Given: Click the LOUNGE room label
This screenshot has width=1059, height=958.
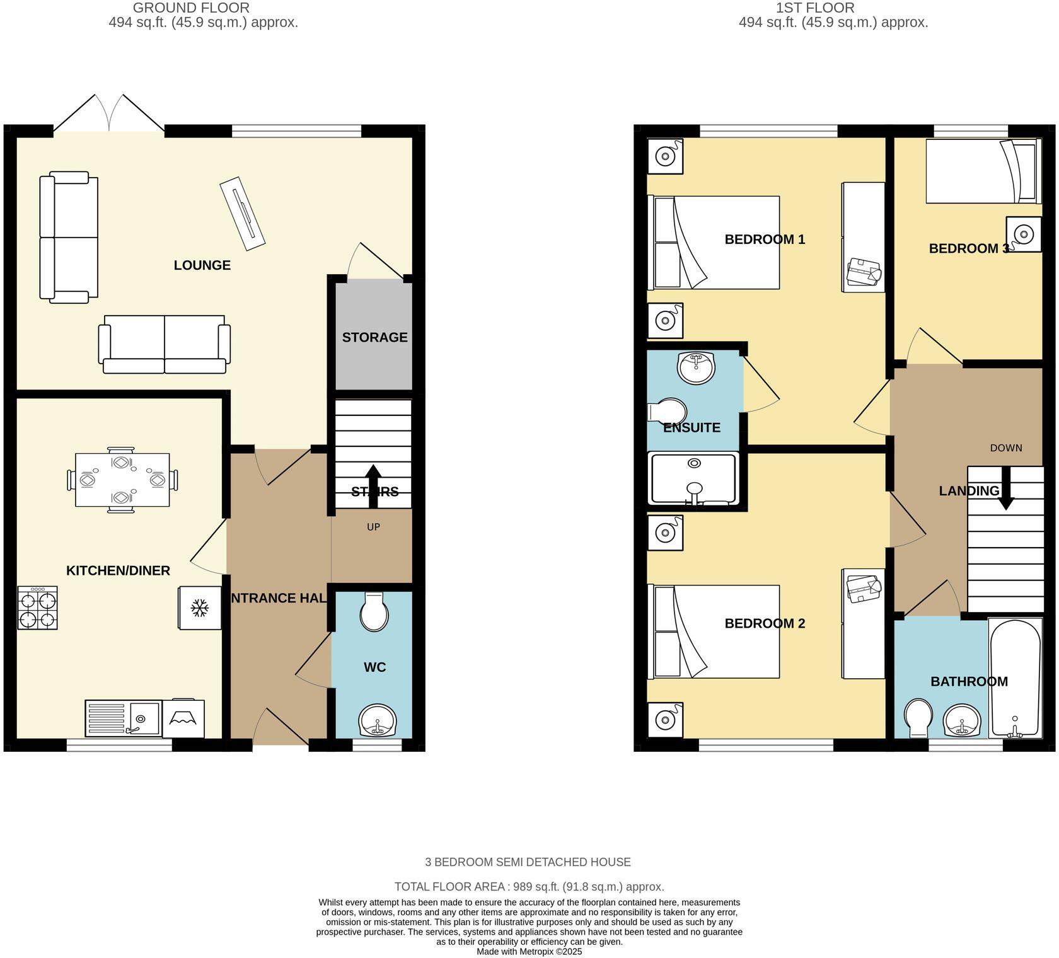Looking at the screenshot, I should tap(202, 265).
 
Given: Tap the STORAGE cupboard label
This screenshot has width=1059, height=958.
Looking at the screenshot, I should tap(374, 337).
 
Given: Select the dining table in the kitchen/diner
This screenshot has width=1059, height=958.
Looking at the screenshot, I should tap(122, 480).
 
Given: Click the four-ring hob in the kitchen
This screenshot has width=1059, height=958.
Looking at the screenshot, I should tap(38, 608).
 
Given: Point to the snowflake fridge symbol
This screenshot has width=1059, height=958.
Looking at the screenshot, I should tap(200, 608).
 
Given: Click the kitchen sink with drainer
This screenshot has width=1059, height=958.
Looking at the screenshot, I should tap(123, 718).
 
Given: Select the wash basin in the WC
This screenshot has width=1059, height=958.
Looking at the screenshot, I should tap(377, 720).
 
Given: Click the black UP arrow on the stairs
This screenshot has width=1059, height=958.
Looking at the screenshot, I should tap(373, 485).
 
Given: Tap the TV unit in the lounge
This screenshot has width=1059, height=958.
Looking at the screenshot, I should tap(243, 214).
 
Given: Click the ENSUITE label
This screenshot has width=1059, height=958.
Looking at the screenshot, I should tap(692, 427).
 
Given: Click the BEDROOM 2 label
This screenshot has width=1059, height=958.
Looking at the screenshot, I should tap(765, 623).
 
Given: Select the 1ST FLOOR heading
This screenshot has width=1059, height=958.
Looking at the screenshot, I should tap(815, 8).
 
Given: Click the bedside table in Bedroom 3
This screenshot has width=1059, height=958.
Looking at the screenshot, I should tap(1023, 234).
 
